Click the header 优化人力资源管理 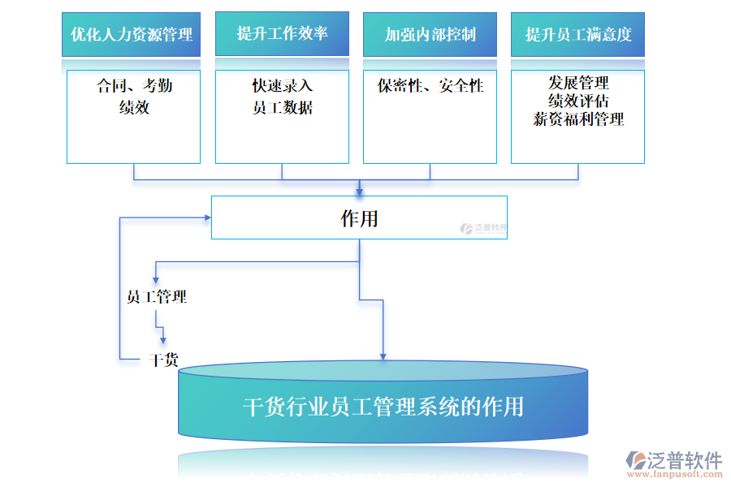click(131, 34)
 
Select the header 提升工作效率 click(282, 33)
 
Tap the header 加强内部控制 click(430, 34)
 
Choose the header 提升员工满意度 click(577, 34)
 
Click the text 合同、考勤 click(134, 85)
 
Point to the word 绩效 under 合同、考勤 click(134, 106)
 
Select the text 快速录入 click(282, 85)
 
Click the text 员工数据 click(282, 106)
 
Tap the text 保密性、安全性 click(430, 85)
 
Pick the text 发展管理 click(578, 83)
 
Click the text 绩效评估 click(578, 101)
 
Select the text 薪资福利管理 click(578, 119)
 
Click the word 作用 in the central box click(359, 218)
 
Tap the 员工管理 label click(157, 297)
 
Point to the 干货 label click(164, 360)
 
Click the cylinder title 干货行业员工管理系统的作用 click(383, 406)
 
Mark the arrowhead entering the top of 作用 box click(359, 192)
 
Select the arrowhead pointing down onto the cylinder click(383, 356)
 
